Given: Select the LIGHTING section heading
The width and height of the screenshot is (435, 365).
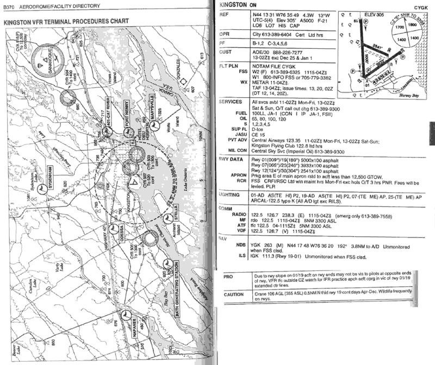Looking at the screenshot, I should [x=228, y=193].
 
